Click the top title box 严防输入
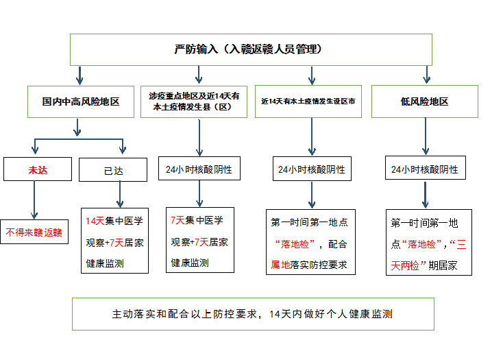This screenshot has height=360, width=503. pos(251,49)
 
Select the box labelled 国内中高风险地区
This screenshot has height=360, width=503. pos(80,101)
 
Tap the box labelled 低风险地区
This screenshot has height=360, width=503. pos(424,101)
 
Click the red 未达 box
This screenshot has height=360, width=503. pos(38,169)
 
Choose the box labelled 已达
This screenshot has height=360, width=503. pos(114,169)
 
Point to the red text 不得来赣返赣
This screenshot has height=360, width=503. pos(34,232)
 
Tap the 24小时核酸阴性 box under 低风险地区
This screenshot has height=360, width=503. pos(425,169)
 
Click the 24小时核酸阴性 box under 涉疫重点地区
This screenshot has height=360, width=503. pos(199,169)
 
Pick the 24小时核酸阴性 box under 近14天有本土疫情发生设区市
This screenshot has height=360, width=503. pos(312,169)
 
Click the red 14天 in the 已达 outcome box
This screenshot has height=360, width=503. pos(95,221)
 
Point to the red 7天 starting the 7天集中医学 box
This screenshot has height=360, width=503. pos(177,221)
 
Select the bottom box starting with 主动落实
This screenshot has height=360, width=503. pos(252,314)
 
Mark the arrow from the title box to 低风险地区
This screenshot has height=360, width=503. pos(427,75)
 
